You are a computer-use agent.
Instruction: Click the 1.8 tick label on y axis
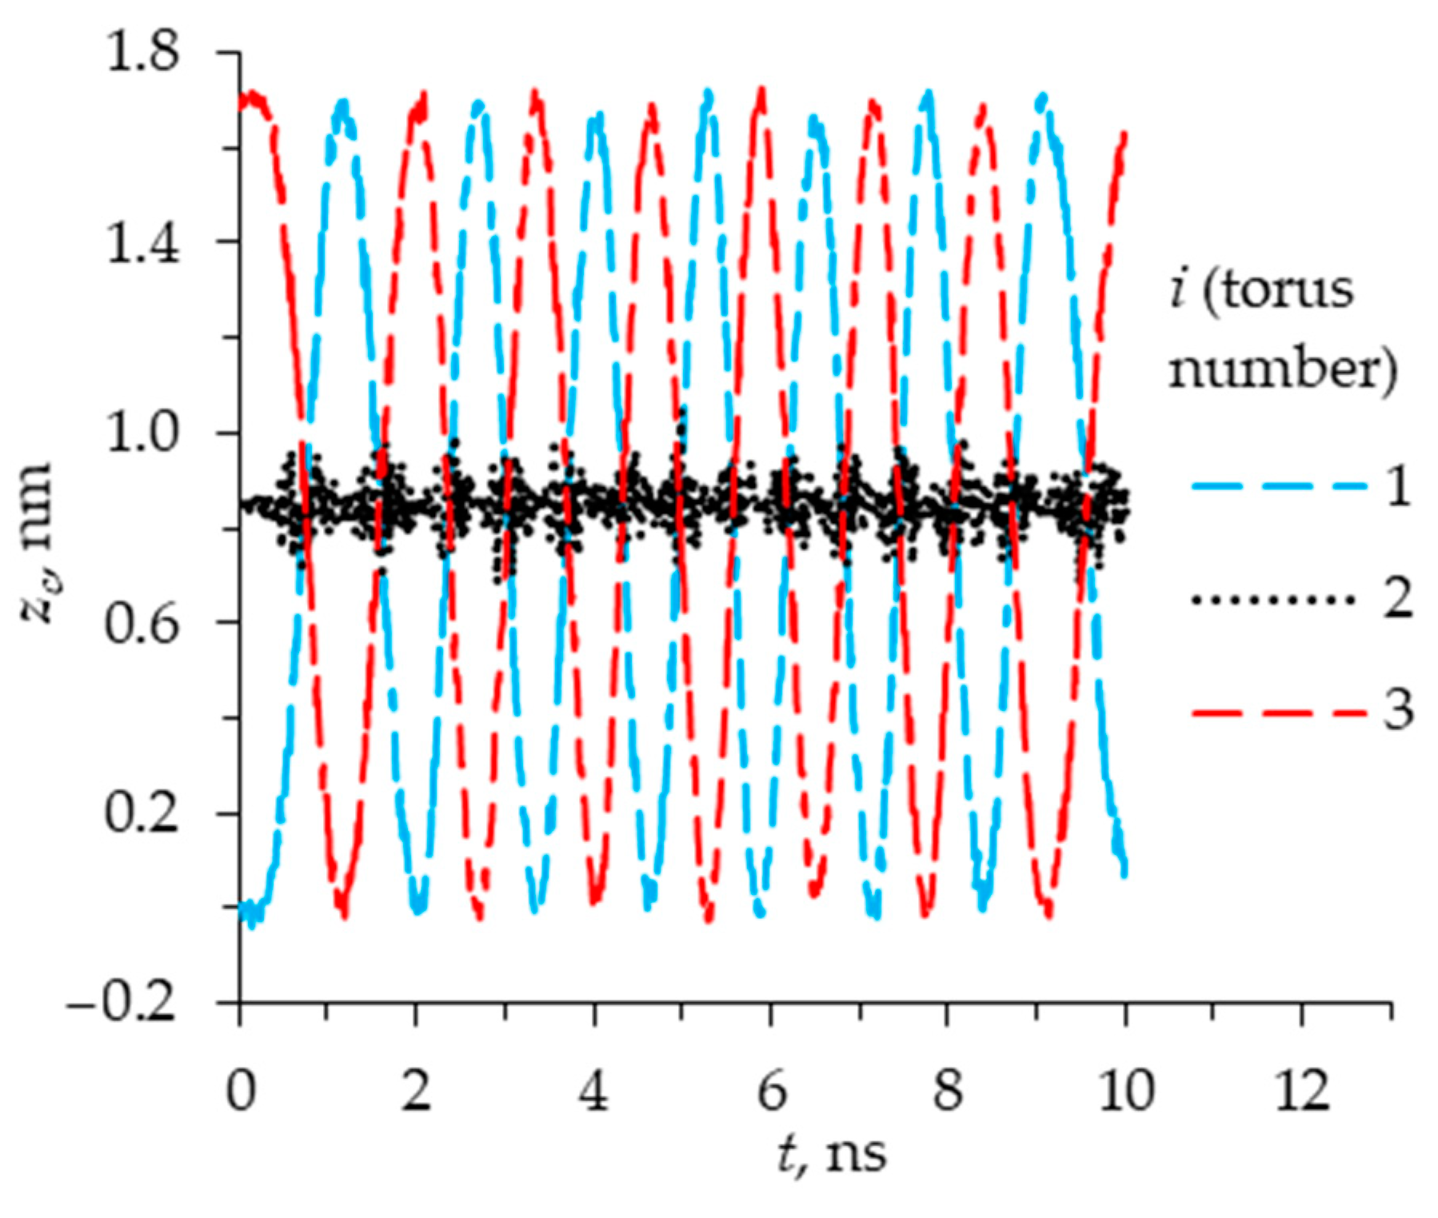coord(142,54)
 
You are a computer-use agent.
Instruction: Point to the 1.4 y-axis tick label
coord(142,243)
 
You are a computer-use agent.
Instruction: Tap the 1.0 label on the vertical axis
coord(142,434)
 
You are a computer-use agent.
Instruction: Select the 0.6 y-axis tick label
coord(142,624)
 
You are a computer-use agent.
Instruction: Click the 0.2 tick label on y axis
coord(142,815)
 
